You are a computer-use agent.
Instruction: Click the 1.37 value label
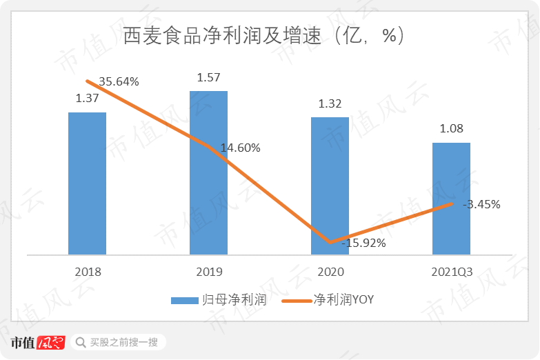(88, 99)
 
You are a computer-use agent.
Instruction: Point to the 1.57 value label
(208, 77)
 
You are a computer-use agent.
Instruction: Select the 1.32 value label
(330, 104)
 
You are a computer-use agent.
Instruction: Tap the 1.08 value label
(451, 129)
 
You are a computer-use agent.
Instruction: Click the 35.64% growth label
(119, 81)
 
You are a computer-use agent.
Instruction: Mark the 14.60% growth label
(241, 148)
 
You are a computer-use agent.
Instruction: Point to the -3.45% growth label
(482, 204)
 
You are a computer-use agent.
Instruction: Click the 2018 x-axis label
(87, 272)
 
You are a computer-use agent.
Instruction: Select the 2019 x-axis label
(208, 272)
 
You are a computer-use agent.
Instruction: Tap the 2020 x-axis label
(330, 272)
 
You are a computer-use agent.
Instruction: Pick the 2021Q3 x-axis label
(451, 272)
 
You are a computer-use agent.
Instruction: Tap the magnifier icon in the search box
(81, 342)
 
